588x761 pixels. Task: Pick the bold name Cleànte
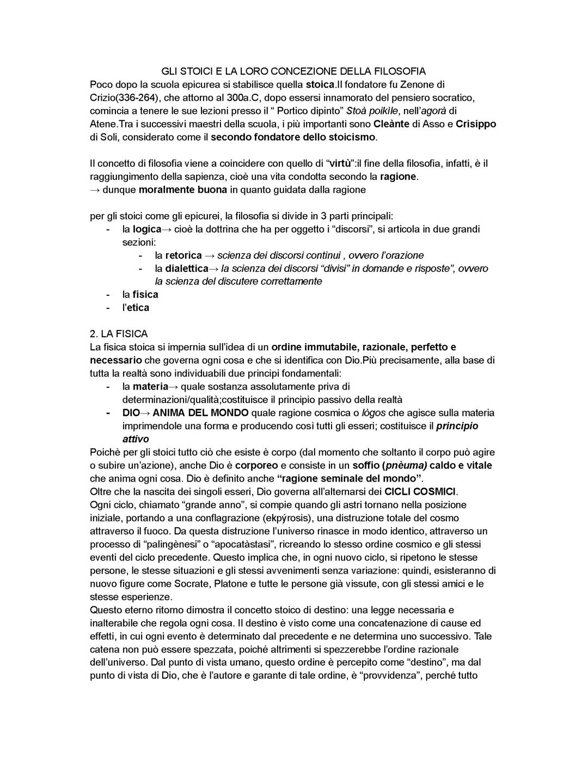point(391,124)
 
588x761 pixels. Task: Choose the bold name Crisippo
point(475,124)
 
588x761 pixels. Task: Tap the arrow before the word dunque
point(95,190)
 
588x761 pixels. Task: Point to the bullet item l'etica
point(136,307)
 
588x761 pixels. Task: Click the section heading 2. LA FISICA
point(119,333)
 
